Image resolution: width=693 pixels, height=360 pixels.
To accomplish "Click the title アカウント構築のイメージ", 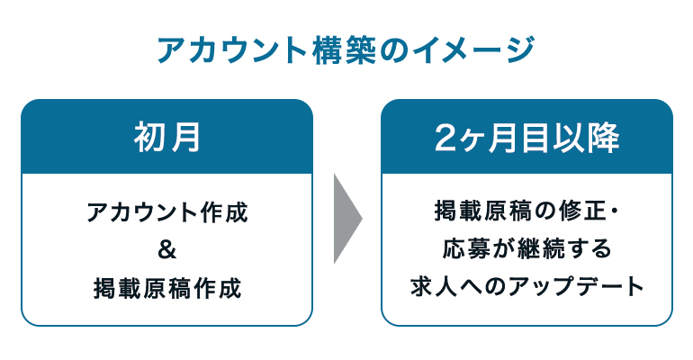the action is pos(346,49).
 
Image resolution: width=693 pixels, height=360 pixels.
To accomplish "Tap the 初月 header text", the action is pos(167,137).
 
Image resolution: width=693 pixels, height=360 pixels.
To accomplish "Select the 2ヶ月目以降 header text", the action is pos(526,138).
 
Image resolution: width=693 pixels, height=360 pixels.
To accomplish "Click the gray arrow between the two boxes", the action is pos(347,219).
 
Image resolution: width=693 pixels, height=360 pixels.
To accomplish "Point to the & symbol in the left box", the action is pos(166,249).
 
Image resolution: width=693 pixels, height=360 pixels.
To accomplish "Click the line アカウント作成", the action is pos(167,212).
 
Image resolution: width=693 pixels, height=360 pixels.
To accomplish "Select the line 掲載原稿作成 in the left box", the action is pos(167,288).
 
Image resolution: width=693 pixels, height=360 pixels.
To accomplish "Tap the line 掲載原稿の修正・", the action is pos(526,211).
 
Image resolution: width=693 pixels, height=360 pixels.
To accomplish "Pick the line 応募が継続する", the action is pos(526,248).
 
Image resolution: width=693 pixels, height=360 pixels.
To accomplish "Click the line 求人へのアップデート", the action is pos(526,287).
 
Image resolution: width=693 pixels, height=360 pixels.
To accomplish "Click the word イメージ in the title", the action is pos(472,49).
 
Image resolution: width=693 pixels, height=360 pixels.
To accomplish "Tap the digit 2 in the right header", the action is pos(445,139).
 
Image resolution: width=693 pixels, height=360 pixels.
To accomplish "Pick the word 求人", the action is pos(433,287).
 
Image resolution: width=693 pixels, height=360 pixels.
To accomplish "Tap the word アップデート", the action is pos(576,287).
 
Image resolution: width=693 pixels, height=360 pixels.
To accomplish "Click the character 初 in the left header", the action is pos(149,137).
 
